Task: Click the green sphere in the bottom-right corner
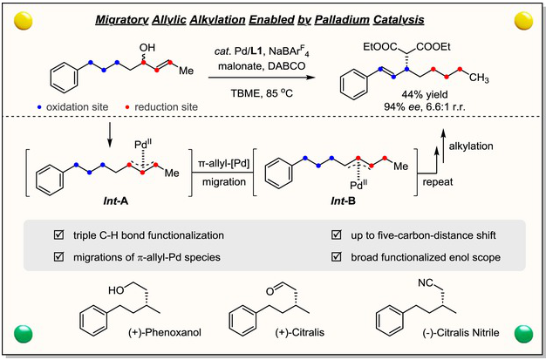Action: click(x=525, y=332)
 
